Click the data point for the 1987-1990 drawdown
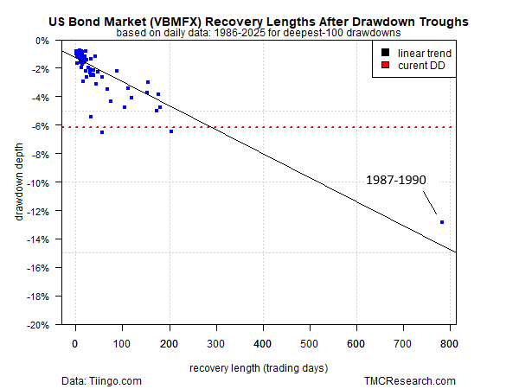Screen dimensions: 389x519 click(442, 222)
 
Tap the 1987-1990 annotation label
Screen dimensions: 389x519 click(395, 181)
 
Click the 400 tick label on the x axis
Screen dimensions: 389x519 click(262, 344)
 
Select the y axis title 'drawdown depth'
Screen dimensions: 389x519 click(18, 183)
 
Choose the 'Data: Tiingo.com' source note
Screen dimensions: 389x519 click(101, 380)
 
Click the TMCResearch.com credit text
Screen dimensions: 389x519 click(410, 380)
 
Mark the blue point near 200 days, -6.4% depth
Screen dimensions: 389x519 click(171, 131)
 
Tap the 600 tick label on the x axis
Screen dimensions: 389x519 click(356, 344)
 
